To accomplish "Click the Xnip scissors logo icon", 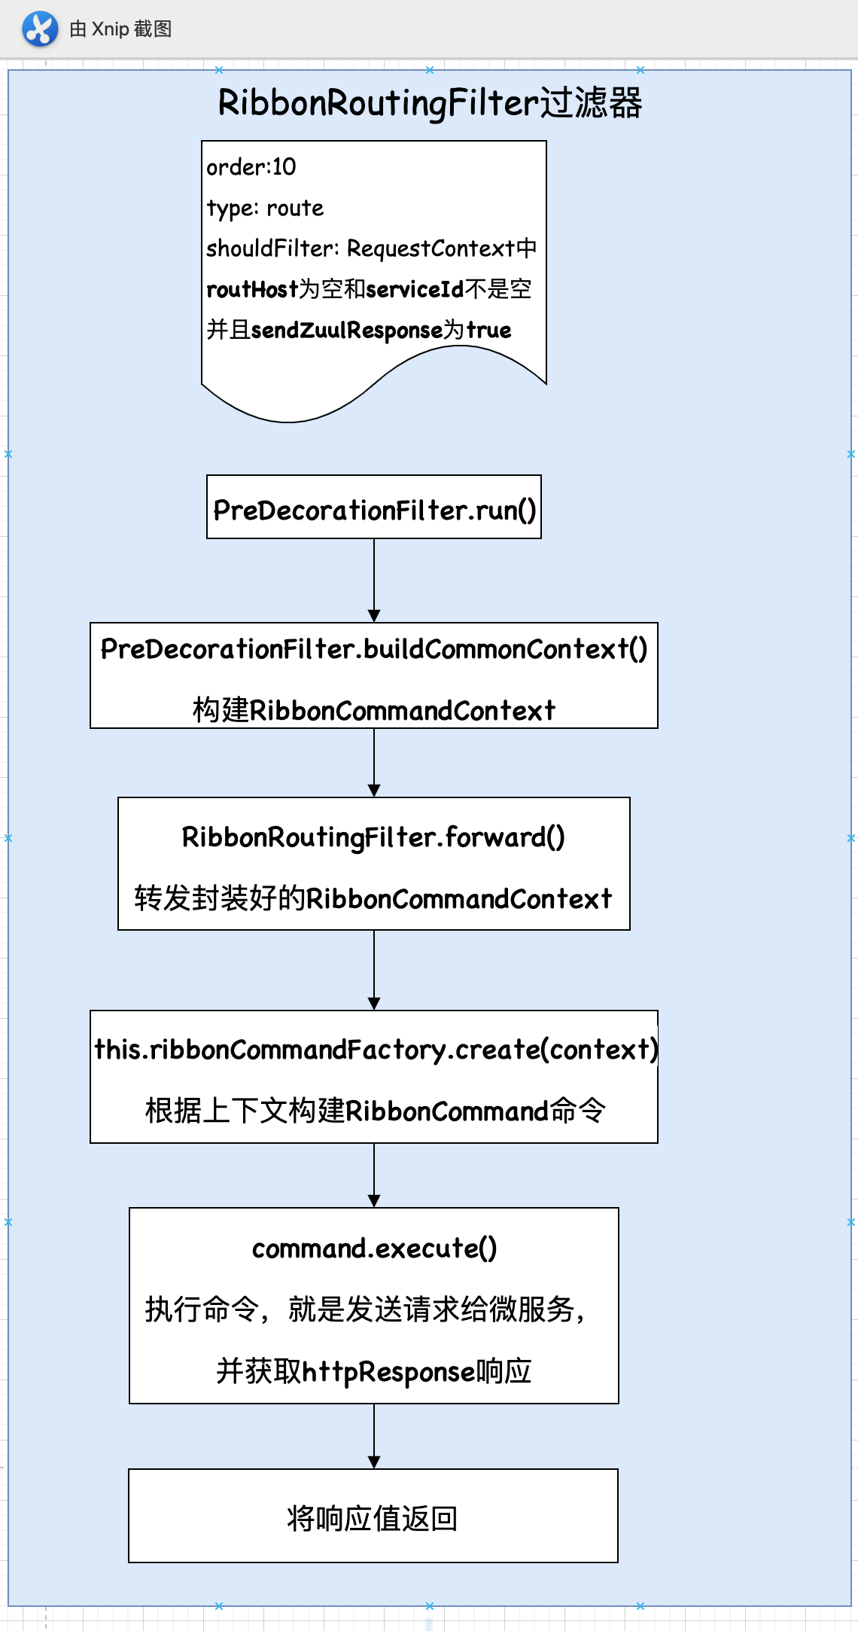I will click(x=40, y=29).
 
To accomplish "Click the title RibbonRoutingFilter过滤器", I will click(x=430, y=102).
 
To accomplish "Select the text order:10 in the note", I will click(x=251, y=166).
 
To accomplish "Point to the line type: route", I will click(x=265, y=208).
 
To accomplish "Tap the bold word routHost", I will click(x=252, y=289).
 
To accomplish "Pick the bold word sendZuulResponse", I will click(x=346, y=330).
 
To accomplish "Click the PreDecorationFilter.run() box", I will click(x=374, y=507).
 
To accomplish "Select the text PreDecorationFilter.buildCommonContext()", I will click(x=374, y=649).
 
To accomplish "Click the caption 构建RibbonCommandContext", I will click(x=374, y=710).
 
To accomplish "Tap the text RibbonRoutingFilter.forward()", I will click(x=374, y=837).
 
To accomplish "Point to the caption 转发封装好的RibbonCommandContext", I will click(x=374, y=898).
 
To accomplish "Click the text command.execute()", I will click(x=374, y=1248).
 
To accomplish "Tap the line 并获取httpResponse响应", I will click(x=374, y=1371).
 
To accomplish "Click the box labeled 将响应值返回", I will click(x=373, y=1516).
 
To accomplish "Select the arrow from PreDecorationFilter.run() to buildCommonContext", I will click(x=374, y=580).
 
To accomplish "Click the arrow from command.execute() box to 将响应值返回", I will click(x=374, y=1435).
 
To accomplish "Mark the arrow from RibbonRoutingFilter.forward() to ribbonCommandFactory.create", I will click(x=374, y=970).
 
